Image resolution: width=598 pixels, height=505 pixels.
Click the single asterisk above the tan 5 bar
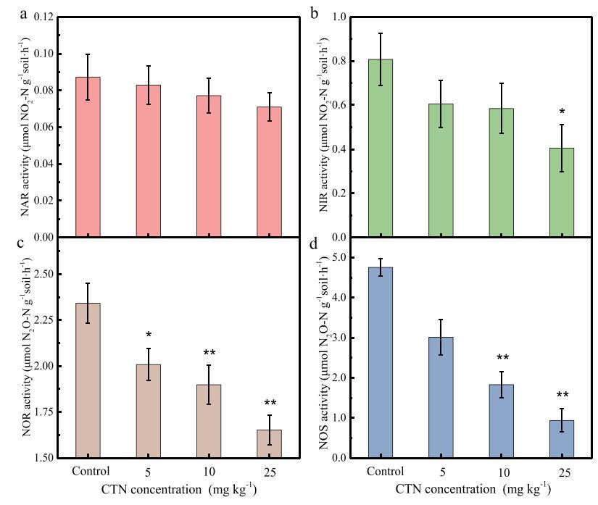148,335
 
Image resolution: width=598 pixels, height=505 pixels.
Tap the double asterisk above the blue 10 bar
502,357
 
